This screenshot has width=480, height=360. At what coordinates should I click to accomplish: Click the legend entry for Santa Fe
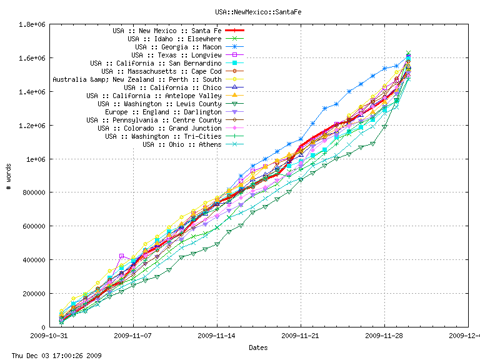coord(167,31)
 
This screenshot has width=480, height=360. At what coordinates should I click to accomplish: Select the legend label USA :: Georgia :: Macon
coord(178,47)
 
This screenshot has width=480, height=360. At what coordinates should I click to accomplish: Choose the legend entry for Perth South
coord(137,79)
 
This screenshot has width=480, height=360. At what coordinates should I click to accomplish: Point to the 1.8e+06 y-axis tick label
coord(32,24)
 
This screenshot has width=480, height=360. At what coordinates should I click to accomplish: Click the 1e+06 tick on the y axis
coord(34,159)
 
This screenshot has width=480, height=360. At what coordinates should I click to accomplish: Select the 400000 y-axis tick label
coord(32,260)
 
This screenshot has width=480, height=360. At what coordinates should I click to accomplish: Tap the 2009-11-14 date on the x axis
coord(217,336)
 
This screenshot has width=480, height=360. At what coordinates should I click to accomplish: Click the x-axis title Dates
coord(259,347)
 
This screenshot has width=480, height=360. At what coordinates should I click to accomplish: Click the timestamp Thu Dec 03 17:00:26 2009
coord(52,356)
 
